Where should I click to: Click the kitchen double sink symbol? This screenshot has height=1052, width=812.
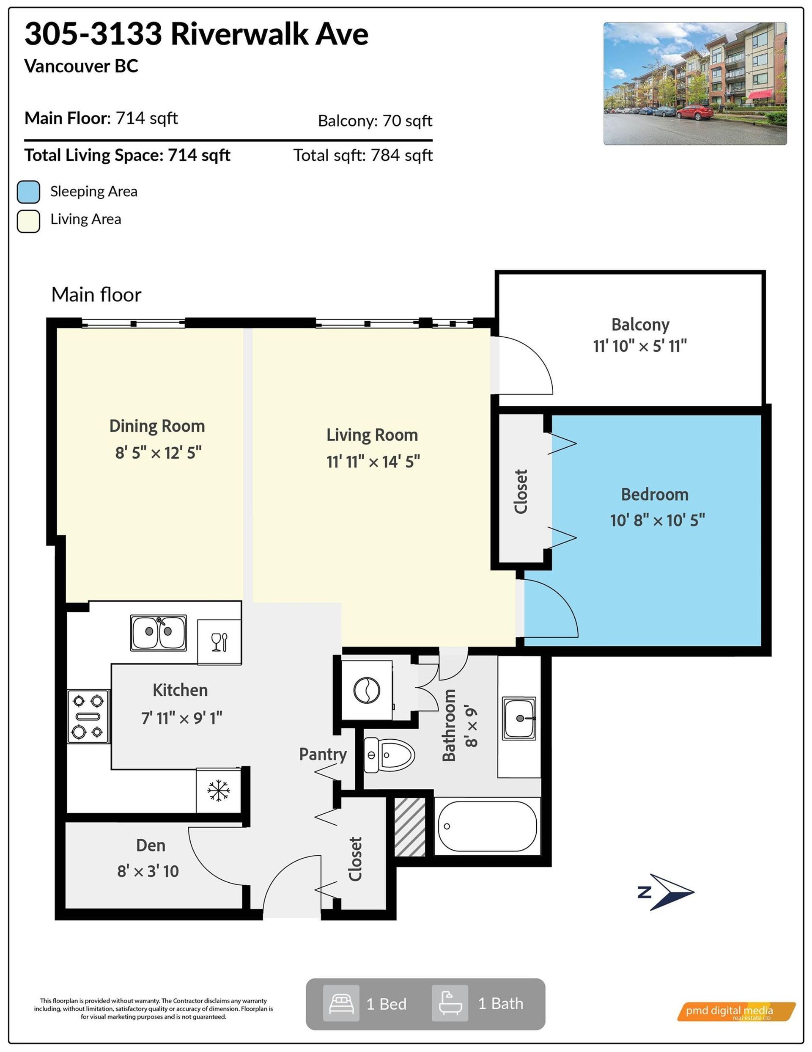coord(158,633)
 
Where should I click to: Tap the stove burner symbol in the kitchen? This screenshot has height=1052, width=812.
coord(88,716)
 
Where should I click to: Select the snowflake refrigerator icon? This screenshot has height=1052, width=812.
coord(219,790)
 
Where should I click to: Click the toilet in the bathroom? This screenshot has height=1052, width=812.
coord(389,755)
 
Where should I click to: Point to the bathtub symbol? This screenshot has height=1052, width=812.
coord(487,826)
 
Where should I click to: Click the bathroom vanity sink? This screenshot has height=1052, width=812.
coord(519,718)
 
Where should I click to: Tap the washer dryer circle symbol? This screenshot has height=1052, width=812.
coord(367,690)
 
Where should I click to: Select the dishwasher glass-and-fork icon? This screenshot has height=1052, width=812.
coord(219,642)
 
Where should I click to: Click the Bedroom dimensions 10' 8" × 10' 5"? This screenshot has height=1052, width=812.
coord(658,520)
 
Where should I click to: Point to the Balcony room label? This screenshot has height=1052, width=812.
coord(640,325)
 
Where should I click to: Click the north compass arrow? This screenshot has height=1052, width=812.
coord(667,892)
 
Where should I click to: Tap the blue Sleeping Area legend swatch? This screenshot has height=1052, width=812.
coord(28,192)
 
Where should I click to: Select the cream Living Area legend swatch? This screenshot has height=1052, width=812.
coord(28,221)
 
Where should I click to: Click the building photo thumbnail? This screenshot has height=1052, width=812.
coord(694,83)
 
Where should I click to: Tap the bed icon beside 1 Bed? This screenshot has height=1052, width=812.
coord(341,1004)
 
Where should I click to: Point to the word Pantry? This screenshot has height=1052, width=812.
coord(323,754)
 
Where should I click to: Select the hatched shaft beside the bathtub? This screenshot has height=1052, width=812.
coord(410,826)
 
